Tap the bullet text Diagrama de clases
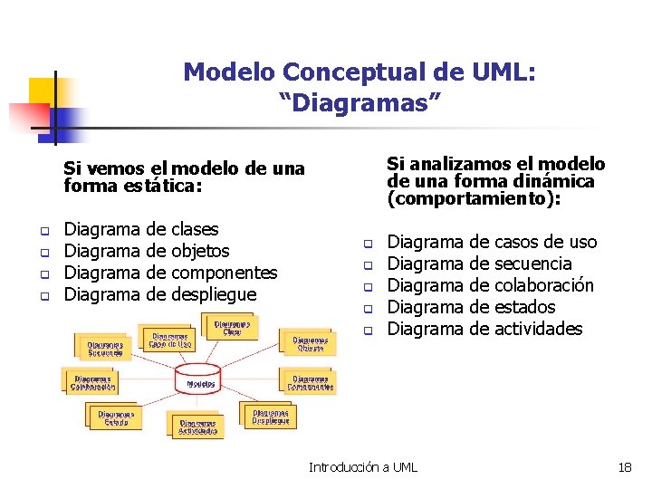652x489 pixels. tap(142, 229)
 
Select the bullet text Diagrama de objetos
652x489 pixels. tap(148, 251)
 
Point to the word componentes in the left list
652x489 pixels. tap(225, 273)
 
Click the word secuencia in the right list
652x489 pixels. tap(533, 264)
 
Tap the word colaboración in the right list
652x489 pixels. tap(544, 285)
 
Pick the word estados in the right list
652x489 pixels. tap(525, 307)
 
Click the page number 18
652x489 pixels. tap(624, 467)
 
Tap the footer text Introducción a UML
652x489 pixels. tap(363, 467)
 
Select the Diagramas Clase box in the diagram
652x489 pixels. tap(233, 327)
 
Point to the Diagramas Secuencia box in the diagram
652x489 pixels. tap(106, 348)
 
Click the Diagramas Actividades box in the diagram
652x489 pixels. tap(199, 427)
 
